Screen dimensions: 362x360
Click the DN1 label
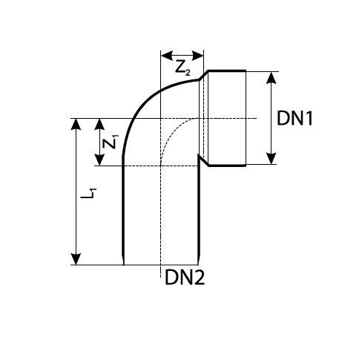pyautogui.click(x=294, y=118)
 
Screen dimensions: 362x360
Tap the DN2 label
pyautogui.click(x=185, y=277)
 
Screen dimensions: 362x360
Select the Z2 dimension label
pyautogui.click(x=182, y=68)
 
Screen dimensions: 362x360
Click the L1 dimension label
pyautogui.click(x=88, y=193)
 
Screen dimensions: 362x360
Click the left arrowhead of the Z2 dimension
pyautogui.click(x=167, y=56)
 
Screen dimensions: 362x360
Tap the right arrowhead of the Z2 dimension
pyautogui.click(x=197, y=56)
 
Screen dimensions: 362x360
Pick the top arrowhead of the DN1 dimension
pyautogui.click(x=271, y=78)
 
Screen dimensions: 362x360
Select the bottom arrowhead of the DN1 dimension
pyautogui.click(x=271, y=158)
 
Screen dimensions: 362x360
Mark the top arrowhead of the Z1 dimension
pyautogui.click(x=99, y=124)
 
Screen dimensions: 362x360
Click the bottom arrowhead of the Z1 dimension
pyautogui.click(x=99, y=160)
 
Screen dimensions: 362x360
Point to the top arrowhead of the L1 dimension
pyautogui.click(x=76, y=124)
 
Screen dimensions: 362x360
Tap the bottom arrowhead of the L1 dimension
pyautogui.click(x=76, y=259)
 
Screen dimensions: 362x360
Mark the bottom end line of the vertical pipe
pyautogui.click(x=161, y=265)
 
